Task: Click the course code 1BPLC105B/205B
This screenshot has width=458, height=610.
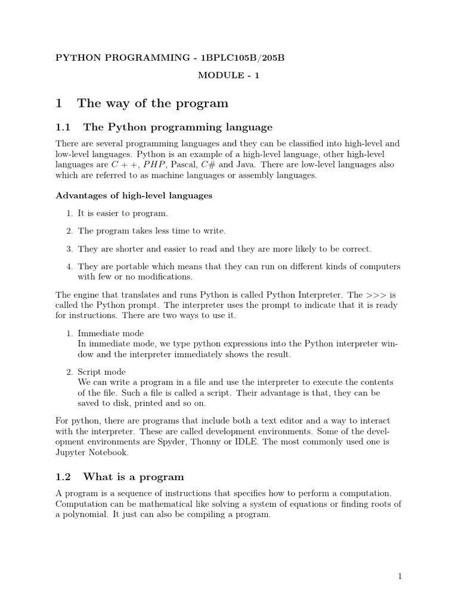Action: click(243, 57)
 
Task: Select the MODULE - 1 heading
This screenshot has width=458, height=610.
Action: click(228, 76)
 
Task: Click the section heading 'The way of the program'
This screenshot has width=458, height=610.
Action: click(153, 104)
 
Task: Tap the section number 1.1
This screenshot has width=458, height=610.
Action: click(63, 127)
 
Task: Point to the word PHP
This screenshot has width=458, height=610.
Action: click(154, 164)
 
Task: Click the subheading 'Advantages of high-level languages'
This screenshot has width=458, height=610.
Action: click(134, 195)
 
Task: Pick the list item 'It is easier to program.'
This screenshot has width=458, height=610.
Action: click(123, 213)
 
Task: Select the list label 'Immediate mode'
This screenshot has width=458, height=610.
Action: click(111, 333)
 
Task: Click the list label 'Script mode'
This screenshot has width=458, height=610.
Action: click(101, 372)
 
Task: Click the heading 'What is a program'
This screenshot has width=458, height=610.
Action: click(134, 477)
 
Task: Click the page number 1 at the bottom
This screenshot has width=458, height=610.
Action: click(401, 577)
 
